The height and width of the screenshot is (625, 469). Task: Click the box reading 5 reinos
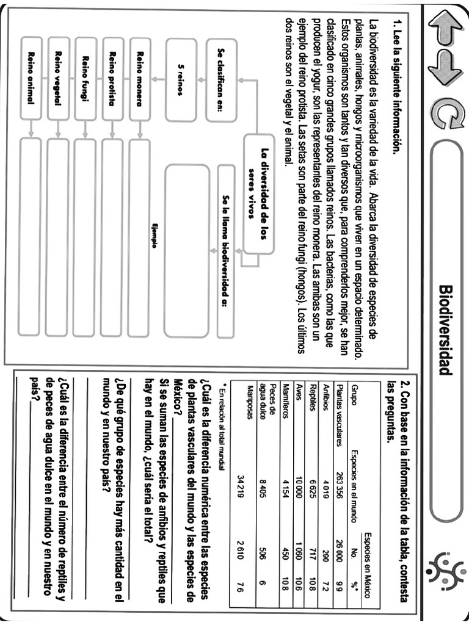[181, 79]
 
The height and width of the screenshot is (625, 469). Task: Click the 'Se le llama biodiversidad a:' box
[225, 250]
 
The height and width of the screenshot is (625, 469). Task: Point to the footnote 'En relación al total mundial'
[224, 424]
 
